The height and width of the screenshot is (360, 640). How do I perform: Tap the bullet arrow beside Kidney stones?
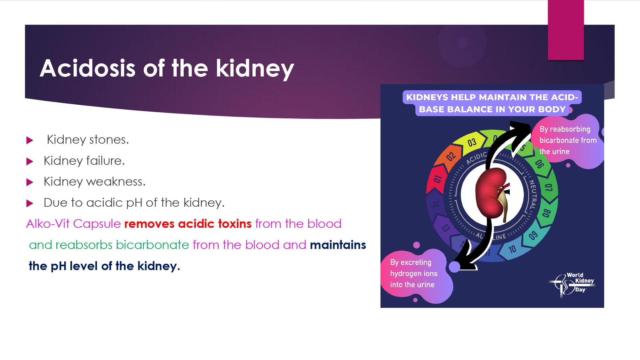tap(30, 140)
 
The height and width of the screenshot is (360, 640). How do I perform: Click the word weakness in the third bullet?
tap(116, 181)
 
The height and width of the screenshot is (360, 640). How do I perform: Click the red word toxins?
tap(235, 224)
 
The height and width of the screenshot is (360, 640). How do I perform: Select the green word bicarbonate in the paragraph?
tap(153, 245)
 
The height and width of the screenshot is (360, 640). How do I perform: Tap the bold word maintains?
tap(338, 245)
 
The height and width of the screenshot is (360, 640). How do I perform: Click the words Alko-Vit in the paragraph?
tap(48, 224)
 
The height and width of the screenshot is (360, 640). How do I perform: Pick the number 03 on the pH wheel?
tap(472, 143)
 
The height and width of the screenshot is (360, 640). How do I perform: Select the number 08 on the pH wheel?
tap(546, 213)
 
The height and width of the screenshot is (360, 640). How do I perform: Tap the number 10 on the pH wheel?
tap(512, 249)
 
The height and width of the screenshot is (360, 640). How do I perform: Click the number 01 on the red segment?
tap(437, 179)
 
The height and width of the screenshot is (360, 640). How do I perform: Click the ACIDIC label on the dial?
tap(476, 158)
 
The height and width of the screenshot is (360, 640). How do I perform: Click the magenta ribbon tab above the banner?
tap(566, 30)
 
